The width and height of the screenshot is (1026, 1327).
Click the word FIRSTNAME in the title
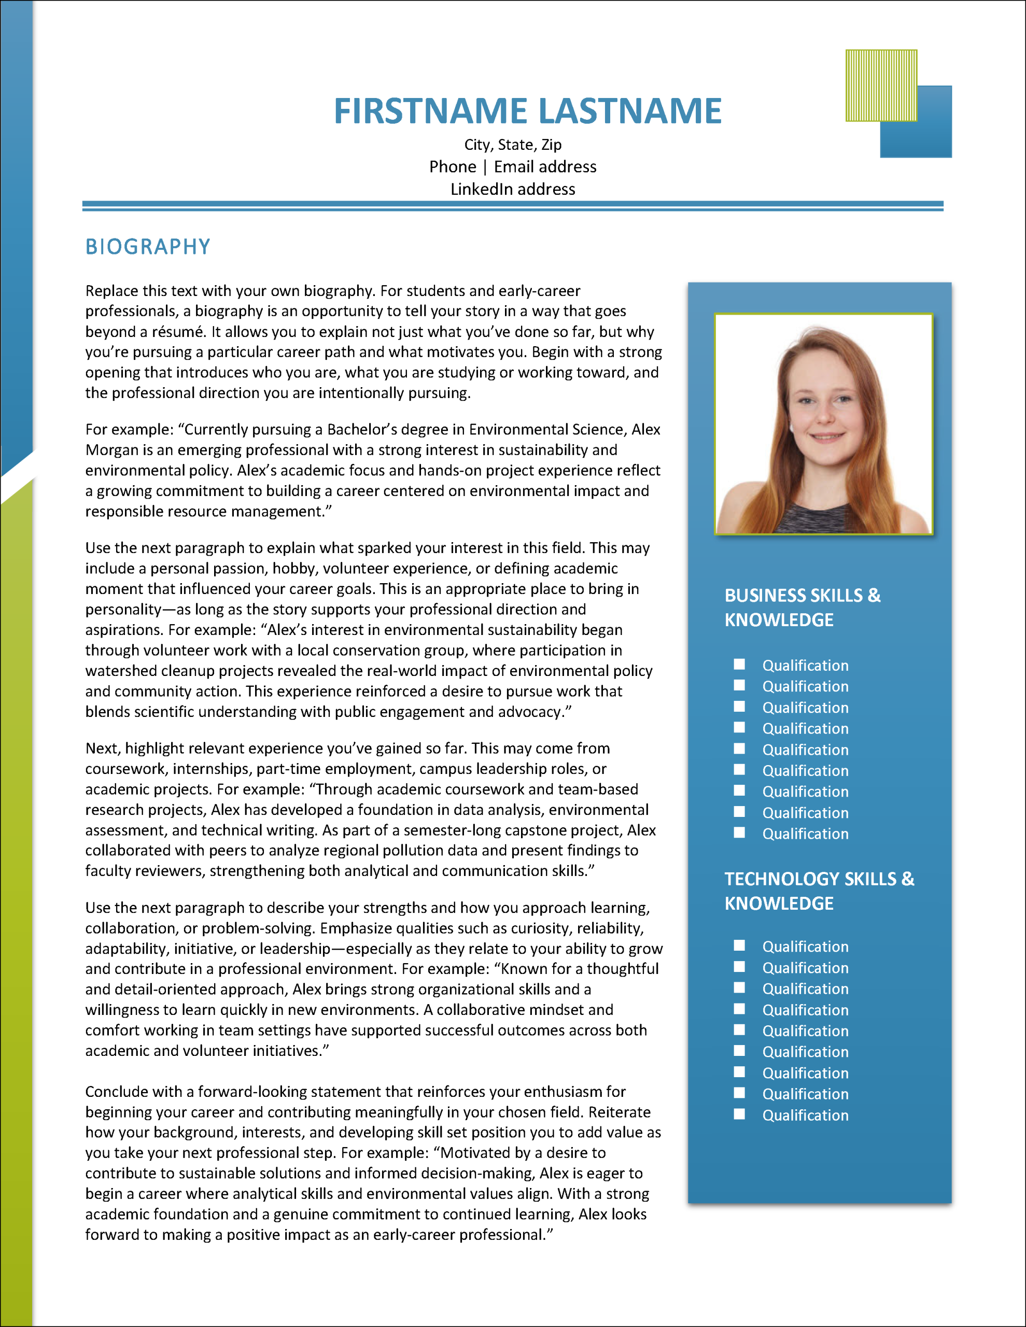tap(430, 111)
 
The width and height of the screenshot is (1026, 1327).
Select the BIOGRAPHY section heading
tap(148, 247)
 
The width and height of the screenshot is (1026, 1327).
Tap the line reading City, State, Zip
tap(512, 145)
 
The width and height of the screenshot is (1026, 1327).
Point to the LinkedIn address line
tap(512, 189)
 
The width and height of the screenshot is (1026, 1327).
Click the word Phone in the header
tap(452, 166)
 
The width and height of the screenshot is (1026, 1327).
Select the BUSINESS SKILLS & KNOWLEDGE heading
tap(803, 607)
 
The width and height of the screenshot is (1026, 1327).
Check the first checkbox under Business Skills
tap(739, 664)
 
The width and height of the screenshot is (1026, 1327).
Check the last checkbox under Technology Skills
tap(739, 1114)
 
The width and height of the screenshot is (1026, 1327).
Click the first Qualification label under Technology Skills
tap(805, 947)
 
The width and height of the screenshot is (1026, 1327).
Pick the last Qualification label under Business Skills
tap(805, 834)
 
